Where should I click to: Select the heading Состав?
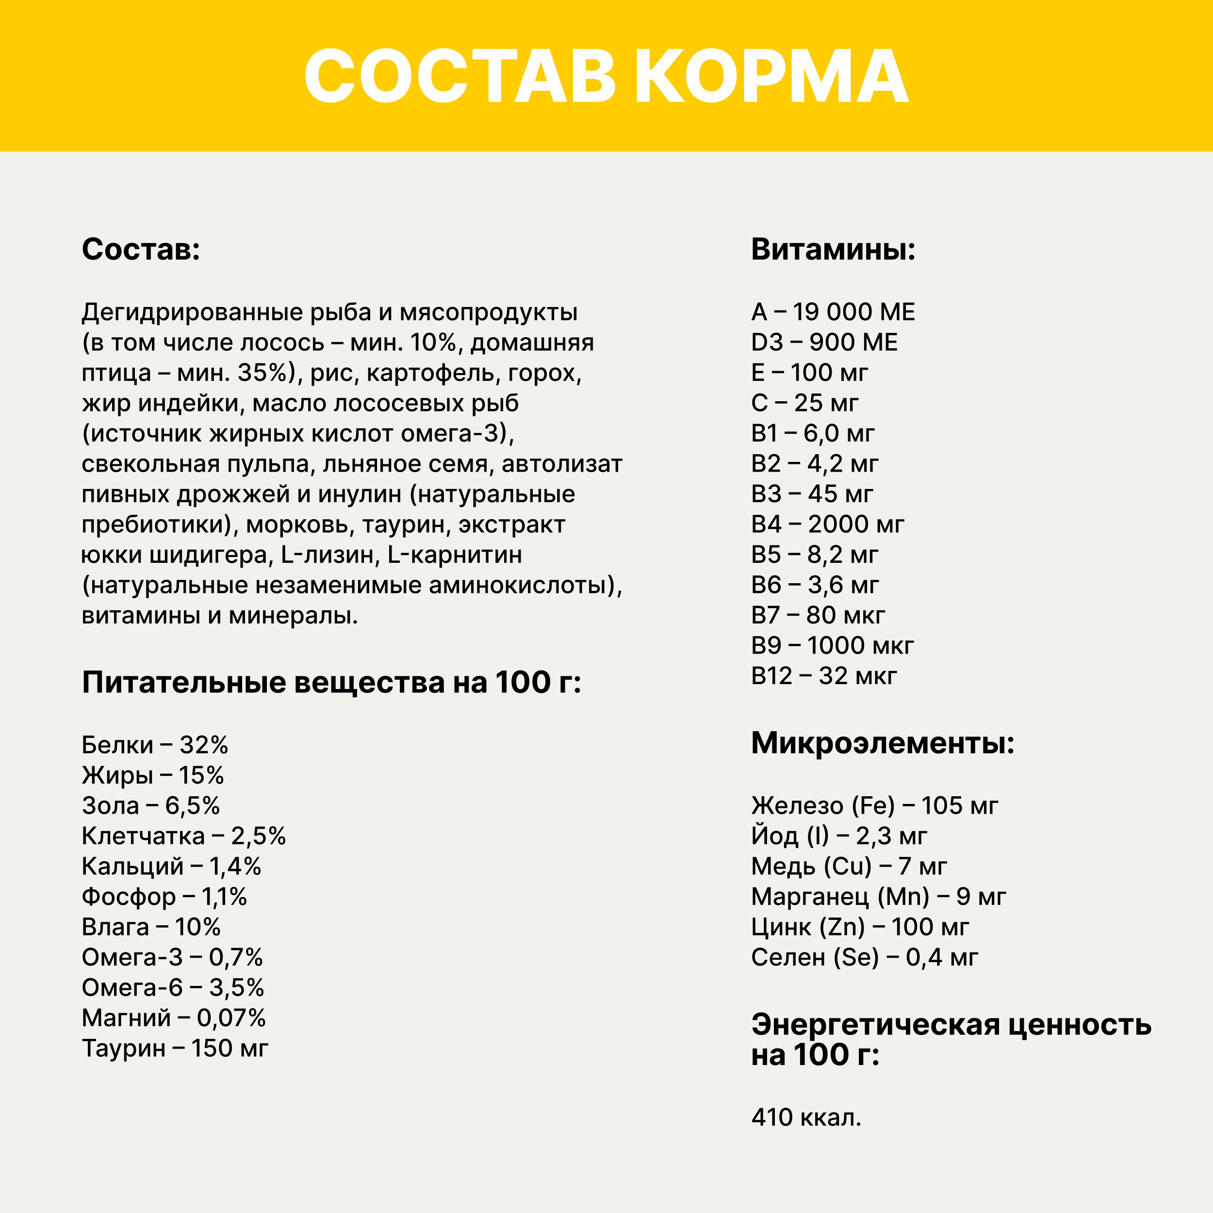click(141, 249)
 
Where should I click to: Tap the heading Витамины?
click(833, 249)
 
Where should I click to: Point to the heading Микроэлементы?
click(883, 743)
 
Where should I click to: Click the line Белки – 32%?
click(154, 745)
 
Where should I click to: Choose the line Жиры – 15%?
click(152, 775)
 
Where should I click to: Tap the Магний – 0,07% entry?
click(173, 1018)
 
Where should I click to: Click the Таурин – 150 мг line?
click(175, 1049)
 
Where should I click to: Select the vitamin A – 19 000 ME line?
click(833, 312)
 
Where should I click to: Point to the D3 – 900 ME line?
click(824, 342)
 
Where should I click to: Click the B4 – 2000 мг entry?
click(827, 524)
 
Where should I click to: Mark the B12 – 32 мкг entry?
click(824, 676)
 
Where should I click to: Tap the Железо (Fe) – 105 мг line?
click(874, 806)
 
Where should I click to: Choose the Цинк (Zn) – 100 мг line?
click(859, 927)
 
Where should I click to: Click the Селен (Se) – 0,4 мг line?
click(865, 957)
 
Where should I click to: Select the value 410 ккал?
click(805, 1117)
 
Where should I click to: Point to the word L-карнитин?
click(455, 555)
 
